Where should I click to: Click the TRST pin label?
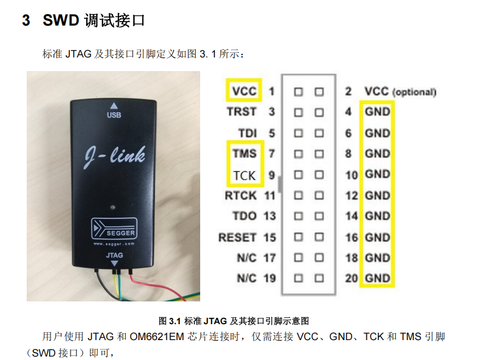[242, 112]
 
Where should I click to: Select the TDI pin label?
[247, 133]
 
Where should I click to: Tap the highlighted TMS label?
[244, 154]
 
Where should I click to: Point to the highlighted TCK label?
[244, 175]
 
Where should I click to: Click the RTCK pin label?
[241, 196]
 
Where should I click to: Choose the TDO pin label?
[245, 216]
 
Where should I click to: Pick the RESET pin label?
[238, 237]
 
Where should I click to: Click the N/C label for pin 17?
[246, 258]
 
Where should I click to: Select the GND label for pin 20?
[378, 278]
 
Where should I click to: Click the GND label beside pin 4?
[378, 112]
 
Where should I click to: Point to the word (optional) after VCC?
[414, 92]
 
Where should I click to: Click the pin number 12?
[351, 196]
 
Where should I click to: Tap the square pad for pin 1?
[299, 92]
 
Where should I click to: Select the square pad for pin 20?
[319, 279]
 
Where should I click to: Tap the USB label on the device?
[114, 116]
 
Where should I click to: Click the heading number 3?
[26, 21]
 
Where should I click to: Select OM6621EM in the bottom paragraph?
[157, 336]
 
